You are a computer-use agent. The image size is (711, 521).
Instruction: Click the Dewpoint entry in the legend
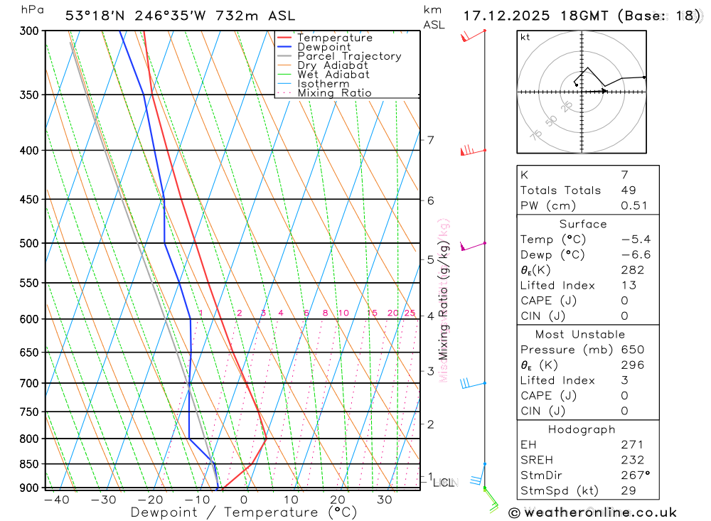point(324,47)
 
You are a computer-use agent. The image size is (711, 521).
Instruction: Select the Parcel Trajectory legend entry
point(349,56)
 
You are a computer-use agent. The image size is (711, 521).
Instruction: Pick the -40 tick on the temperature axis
point(56,500)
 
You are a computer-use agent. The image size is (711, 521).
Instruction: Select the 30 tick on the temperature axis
point(385,500)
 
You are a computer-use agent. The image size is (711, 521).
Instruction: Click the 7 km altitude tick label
point(430,140)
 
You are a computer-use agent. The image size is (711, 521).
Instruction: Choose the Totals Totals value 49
point(628,190)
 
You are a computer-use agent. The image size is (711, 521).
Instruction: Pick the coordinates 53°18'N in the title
point(97,15)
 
